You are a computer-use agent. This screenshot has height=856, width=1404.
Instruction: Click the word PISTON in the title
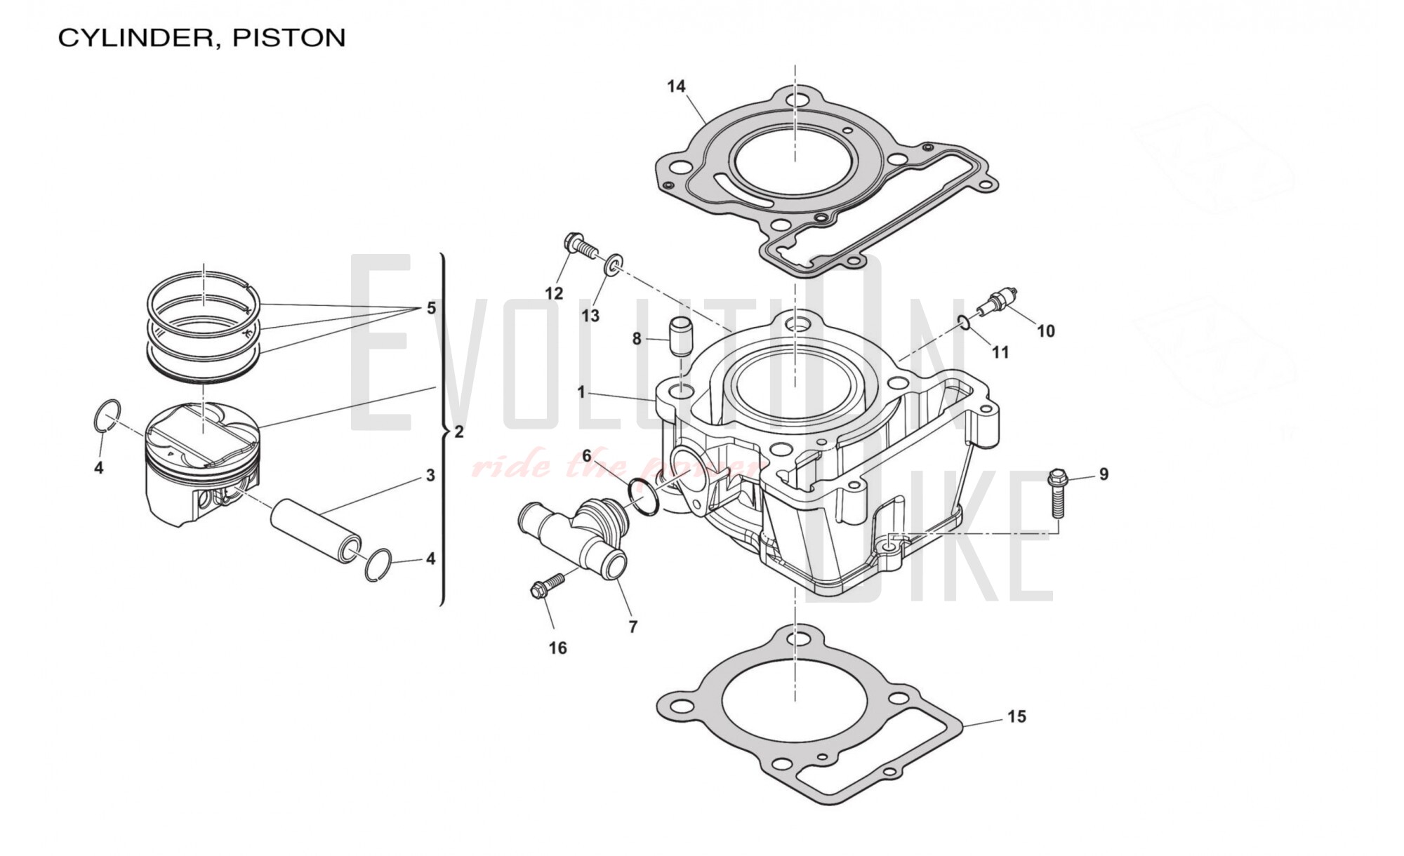coord(289,38)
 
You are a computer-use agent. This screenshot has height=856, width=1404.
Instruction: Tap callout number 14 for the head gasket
coord(676,86)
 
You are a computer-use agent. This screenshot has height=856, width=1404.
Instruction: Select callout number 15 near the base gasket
coord(1016,716)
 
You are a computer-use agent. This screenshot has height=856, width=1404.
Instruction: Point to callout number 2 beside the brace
coord(459,432)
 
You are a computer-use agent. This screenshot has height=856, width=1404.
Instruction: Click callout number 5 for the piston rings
coord(431,308)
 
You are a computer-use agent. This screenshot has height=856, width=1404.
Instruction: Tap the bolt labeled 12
coord(581,245)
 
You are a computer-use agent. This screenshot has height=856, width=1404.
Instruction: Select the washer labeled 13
coord(612,267)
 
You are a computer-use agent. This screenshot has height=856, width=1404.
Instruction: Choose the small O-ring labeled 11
coord(965,323)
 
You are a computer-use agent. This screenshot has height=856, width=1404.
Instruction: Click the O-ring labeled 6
coord(644,497)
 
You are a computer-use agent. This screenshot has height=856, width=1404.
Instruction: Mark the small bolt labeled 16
coord(547,587)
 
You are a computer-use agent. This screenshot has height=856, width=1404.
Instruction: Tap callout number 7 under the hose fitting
coord(633,627)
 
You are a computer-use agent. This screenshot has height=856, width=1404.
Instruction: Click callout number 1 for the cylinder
coord(581,392)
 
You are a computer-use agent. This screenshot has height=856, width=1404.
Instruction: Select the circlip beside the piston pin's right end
coord(378,564)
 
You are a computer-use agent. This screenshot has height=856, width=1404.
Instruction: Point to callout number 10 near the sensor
coord(1045,330)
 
